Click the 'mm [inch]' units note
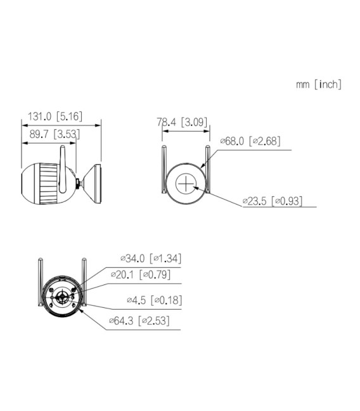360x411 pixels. tap(318, 85)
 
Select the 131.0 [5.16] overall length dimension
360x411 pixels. tap(55, 117)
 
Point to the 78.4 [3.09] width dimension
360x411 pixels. tap(183, 122)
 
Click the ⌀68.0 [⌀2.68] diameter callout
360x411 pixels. tap(250, 141)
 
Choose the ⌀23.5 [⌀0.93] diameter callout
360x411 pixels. tap(272, 201)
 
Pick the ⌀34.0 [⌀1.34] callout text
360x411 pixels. tap(151, 258)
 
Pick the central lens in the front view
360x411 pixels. tap(61, 298)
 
